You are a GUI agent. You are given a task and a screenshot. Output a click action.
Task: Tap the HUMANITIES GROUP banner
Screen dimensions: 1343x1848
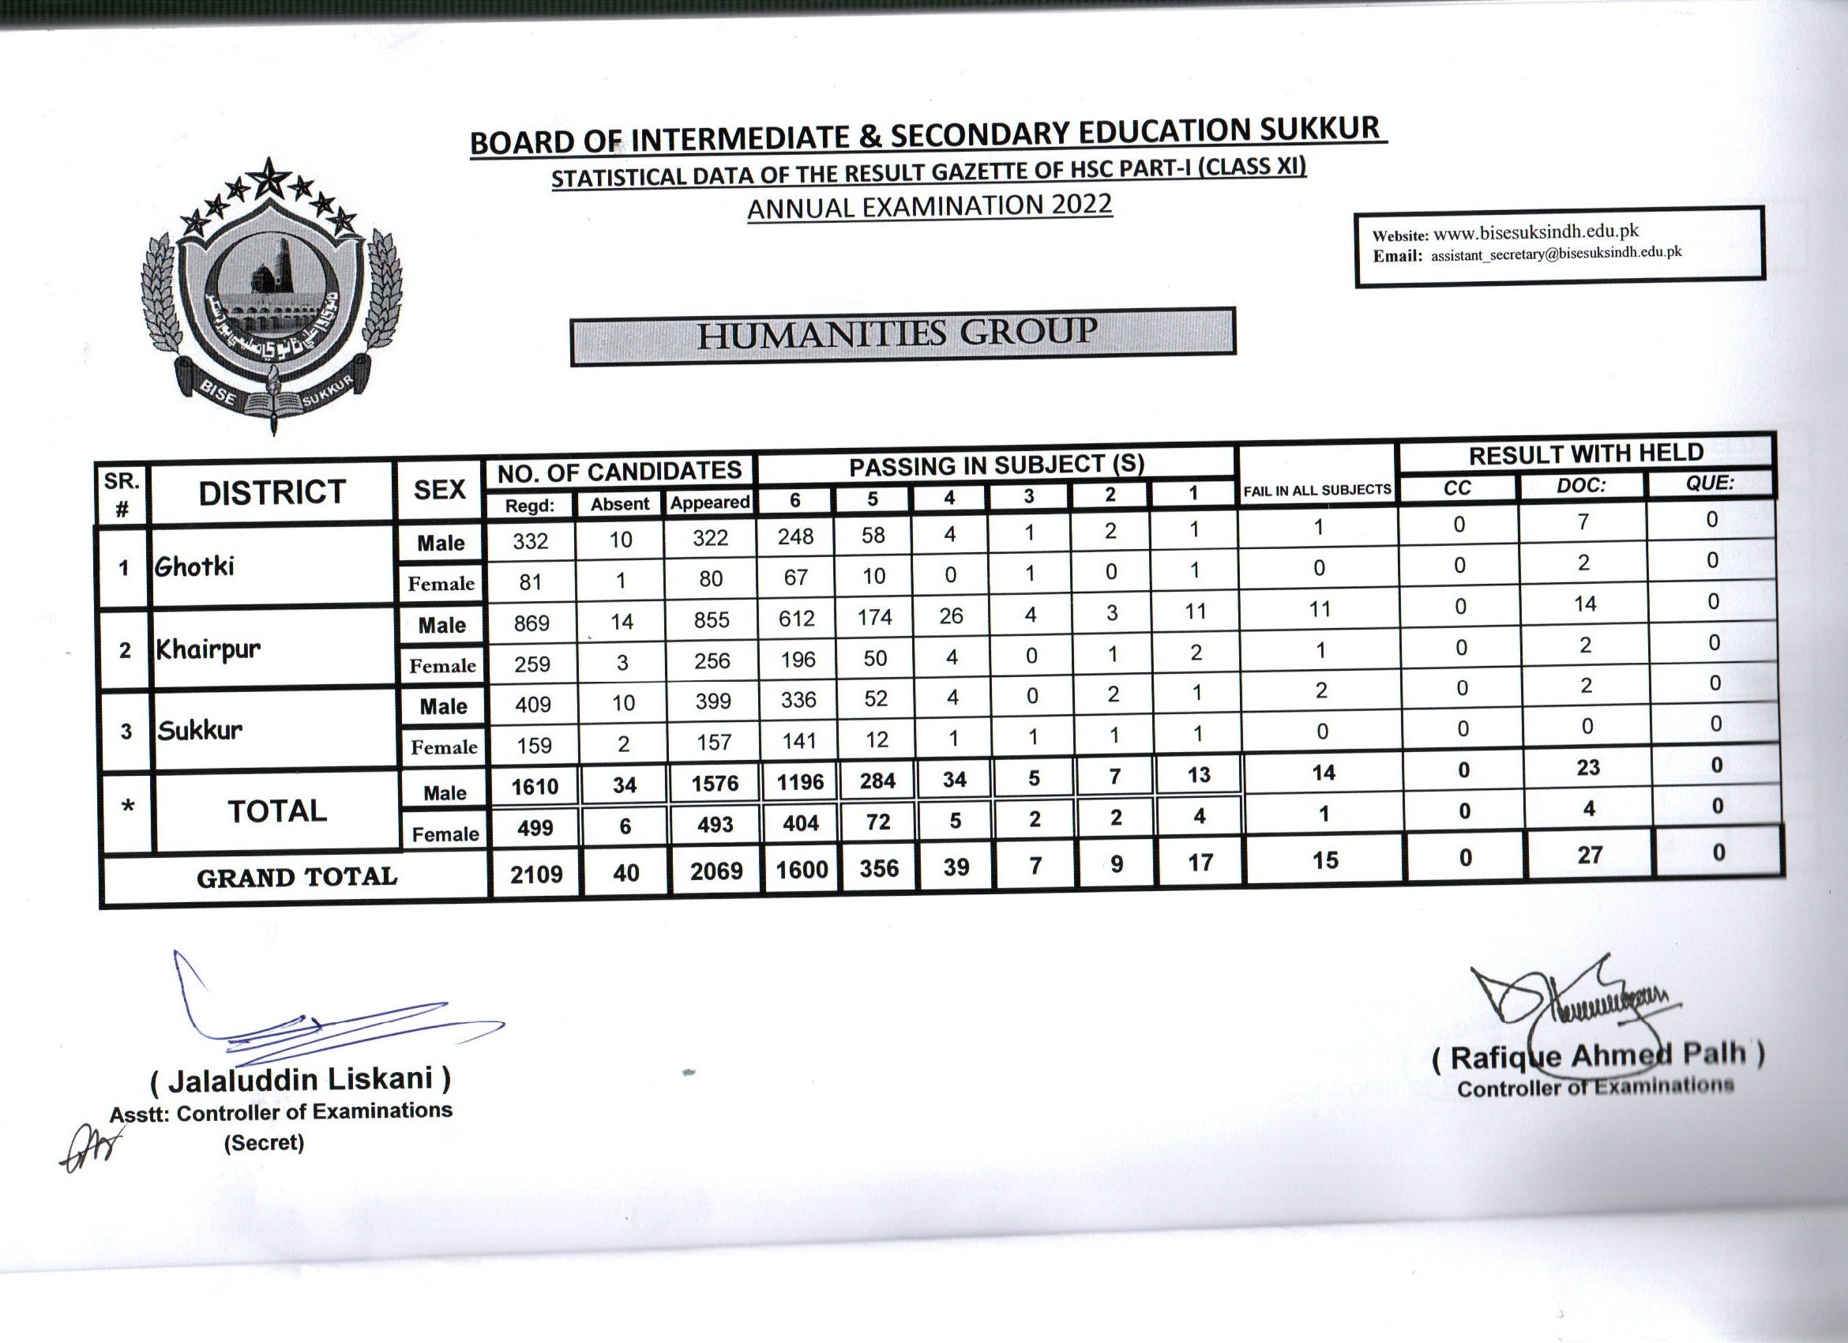902,336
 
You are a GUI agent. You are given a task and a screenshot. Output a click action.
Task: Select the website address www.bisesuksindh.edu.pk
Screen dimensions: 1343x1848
1535,232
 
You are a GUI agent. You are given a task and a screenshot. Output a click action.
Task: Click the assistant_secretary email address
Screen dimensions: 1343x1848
1556,254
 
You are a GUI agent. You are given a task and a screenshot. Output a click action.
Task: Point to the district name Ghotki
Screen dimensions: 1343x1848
195,566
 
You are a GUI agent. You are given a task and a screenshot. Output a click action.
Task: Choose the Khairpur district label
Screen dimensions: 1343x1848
208,649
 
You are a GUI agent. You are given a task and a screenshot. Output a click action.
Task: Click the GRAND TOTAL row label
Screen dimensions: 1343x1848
297,878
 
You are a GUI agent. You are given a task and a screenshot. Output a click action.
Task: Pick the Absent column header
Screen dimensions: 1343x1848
620,505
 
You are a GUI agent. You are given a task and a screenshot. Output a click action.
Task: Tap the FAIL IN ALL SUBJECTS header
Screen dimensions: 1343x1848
1317,490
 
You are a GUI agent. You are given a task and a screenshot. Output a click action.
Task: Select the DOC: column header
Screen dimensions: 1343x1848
1582,486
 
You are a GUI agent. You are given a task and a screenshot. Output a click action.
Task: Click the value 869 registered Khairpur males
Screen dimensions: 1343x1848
531,623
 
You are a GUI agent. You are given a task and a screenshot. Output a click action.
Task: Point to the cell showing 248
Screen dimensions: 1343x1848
795,536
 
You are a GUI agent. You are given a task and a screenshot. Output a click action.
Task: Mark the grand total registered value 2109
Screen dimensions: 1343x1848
536,875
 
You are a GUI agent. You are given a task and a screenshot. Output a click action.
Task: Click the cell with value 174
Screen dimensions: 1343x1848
874,617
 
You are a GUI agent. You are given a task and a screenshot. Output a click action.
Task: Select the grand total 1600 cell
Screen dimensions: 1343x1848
802,871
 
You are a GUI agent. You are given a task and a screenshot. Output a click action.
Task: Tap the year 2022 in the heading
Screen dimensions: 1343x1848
1080,203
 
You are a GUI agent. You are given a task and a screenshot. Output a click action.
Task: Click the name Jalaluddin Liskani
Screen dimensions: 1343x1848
301,1080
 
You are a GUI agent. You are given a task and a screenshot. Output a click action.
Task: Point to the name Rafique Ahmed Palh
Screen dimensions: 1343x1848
1598,1056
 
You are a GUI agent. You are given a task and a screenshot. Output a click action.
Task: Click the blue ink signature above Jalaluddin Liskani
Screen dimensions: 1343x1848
326,1018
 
